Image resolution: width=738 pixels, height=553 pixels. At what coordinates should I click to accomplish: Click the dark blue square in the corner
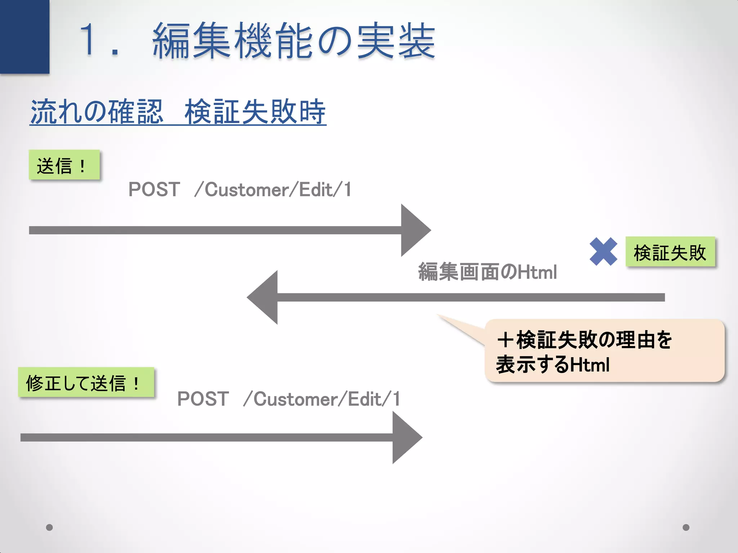[25, 36]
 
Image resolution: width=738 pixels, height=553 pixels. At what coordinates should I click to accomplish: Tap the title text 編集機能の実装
[294, 40]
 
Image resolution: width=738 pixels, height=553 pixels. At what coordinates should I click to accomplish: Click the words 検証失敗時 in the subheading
[255, 112]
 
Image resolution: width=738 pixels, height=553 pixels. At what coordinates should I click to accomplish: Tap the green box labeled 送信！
[64, 165]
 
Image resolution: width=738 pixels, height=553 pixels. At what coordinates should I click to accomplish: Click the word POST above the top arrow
[154, 189]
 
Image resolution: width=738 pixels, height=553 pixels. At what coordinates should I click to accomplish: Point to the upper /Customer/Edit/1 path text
[273, 190]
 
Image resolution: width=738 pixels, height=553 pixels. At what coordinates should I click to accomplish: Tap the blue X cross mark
[603, 252]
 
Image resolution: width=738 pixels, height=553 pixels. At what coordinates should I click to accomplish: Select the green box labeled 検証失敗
[670, 252]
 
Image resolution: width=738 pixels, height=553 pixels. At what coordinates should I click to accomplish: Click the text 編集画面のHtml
[487, 272]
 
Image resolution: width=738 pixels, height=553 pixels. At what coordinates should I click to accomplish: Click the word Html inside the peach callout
[590, 365]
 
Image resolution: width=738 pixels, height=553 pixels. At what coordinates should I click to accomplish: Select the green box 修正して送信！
[86, 382]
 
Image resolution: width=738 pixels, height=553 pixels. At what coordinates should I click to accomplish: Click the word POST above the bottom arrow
[203, 399]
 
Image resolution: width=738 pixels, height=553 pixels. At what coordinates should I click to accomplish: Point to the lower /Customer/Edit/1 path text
[321, 399]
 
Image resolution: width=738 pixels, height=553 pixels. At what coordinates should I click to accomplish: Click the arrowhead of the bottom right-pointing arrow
[405, 437]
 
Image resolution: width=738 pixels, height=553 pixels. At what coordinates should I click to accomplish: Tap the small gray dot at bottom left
[50, 527]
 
